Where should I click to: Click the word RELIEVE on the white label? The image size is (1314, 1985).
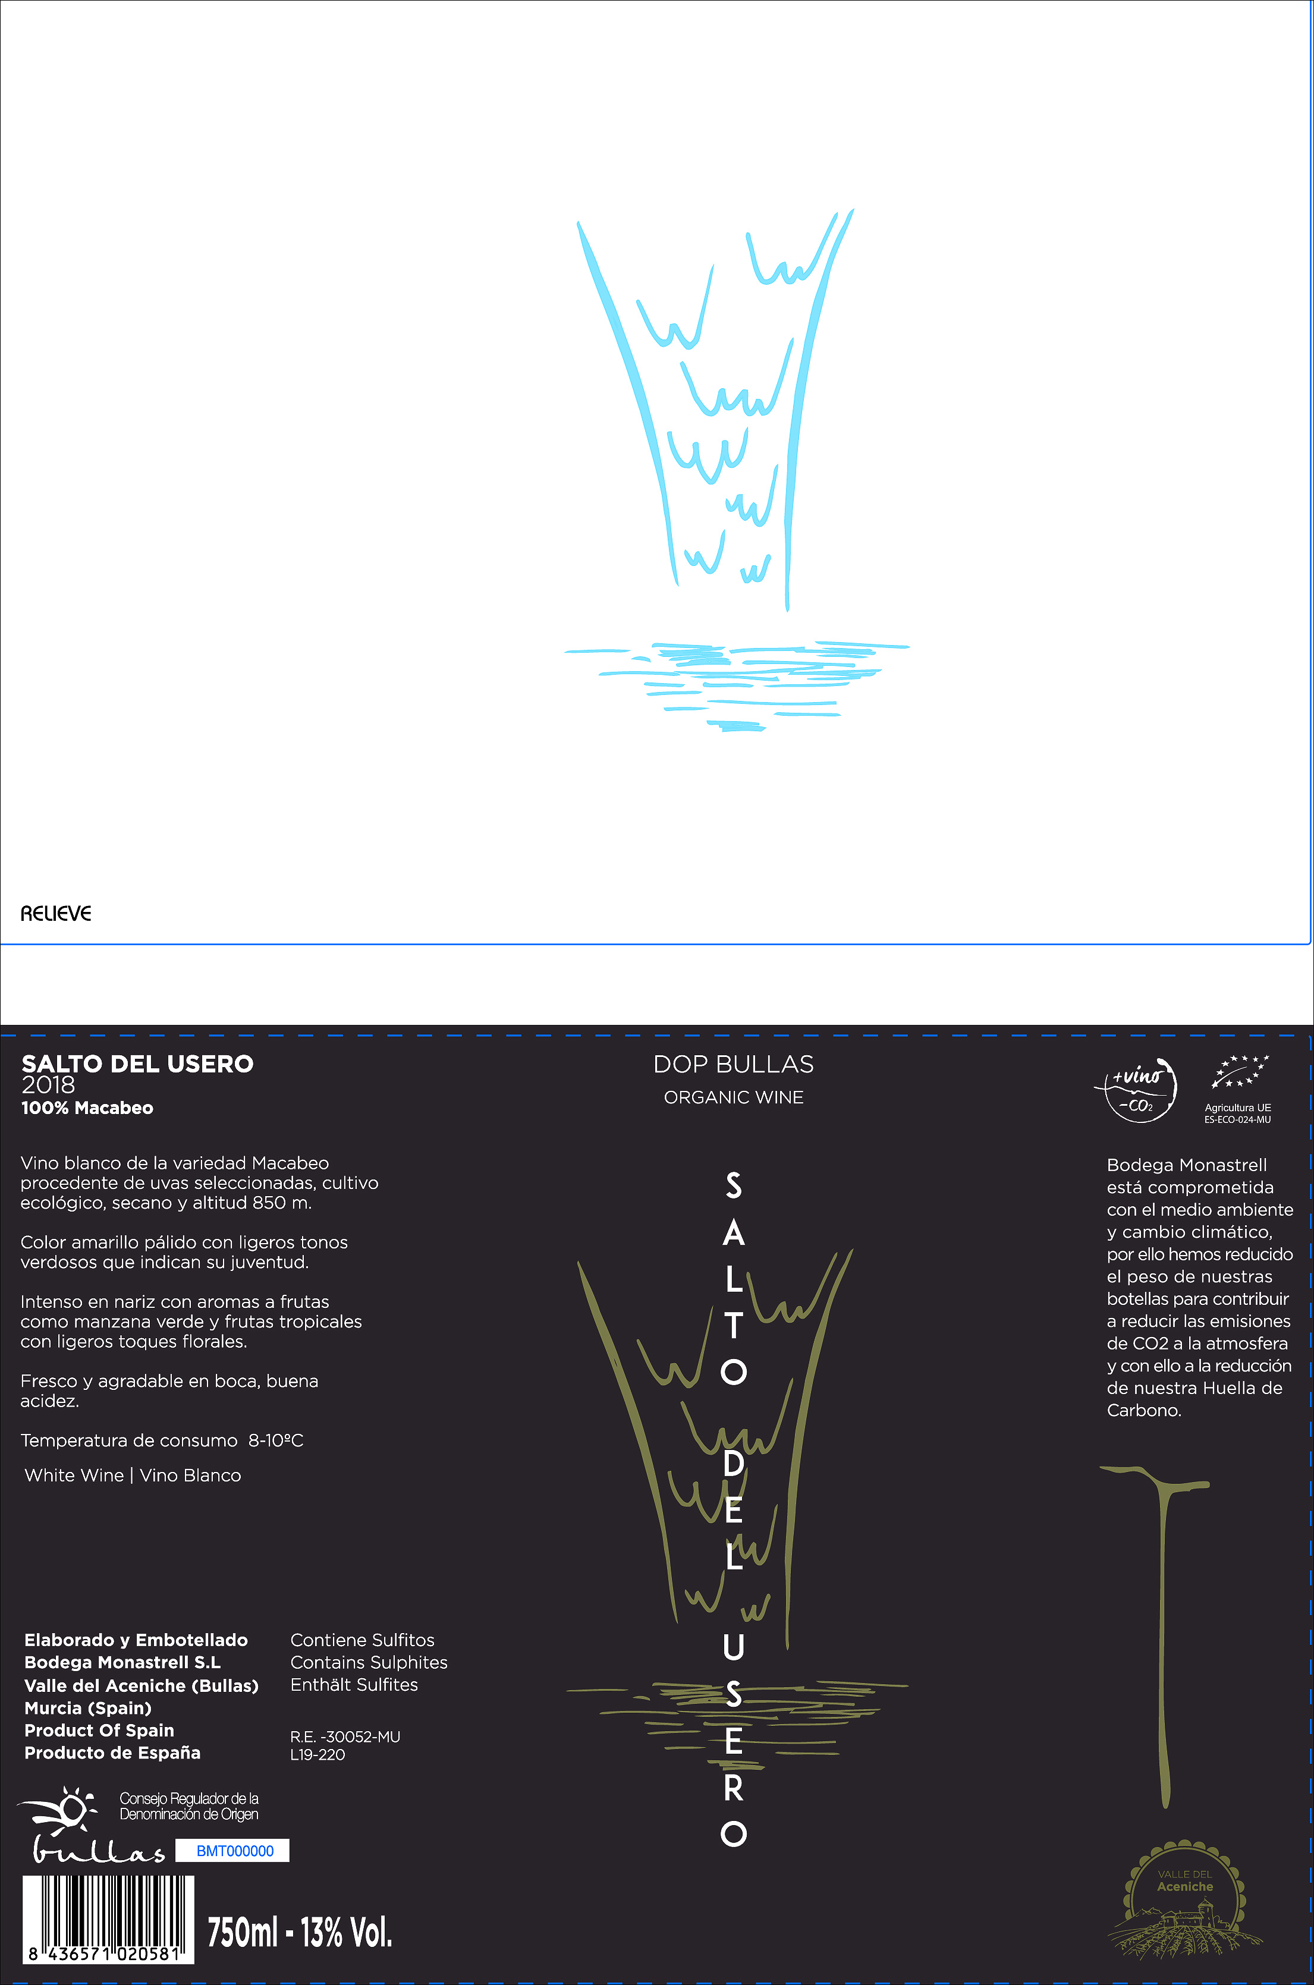point(55,913)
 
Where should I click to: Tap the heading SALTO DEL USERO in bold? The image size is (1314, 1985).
point(137,1064)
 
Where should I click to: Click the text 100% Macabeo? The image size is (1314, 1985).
point(87,1108)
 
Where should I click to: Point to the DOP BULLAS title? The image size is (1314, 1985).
point(733,1064)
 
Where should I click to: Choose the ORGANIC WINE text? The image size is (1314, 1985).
point(733,1097)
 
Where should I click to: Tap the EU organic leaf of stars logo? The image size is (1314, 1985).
point(1240,1072)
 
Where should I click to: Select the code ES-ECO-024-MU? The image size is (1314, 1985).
point(1238,1119)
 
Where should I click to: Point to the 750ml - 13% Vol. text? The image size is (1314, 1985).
point(299,1931)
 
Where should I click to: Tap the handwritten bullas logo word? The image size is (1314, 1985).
point(98,1850)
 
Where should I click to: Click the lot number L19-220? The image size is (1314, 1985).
point(317,1754)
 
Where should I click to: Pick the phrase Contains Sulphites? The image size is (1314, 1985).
point(369,1662)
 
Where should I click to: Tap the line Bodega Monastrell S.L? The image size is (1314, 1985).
point(122,1662)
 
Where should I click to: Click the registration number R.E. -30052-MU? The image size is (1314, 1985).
point(345,1737)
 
